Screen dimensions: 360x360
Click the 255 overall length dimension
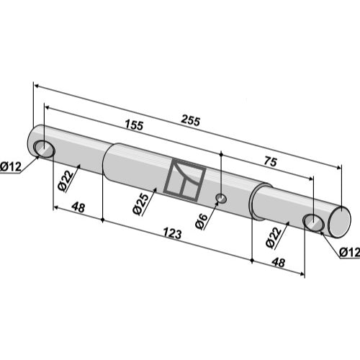coord(190,121)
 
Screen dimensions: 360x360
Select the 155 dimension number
coord(134,125)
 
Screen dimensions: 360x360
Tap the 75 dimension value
coord(271,161)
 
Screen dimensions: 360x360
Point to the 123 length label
coord(172,233)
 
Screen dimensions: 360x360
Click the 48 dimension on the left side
coord(78,207)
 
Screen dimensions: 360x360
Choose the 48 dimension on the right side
coord(279,262)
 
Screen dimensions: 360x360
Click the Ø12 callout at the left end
coord(11,166)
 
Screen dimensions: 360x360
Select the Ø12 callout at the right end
coord(350,252)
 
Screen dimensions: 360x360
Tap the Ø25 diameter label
coord(141,204)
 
